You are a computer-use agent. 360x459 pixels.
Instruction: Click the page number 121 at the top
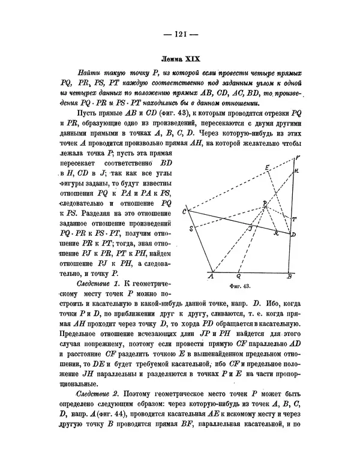(x=180, y=34)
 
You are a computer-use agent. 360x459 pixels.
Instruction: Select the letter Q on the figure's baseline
(x=238, y=277)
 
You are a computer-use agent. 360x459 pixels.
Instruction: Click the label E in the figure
(x=267, y=167)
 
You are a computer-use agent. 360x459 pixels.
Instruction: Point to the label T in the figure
(x=293, y=219)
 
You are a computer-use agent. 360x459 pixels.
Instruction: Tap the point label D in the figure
(x=293, y=233)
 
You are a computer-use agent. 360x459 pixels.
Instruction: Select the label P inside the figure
(x=265, y=204)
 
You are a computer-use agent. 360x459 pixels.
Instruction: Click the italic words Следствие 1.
(x=99, y=282)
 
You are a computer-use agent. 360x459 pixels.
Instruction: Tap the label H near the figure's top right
(x=296, y=171)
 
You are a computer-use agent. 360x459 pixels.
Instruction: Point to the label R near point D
(x=276, y=233)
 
